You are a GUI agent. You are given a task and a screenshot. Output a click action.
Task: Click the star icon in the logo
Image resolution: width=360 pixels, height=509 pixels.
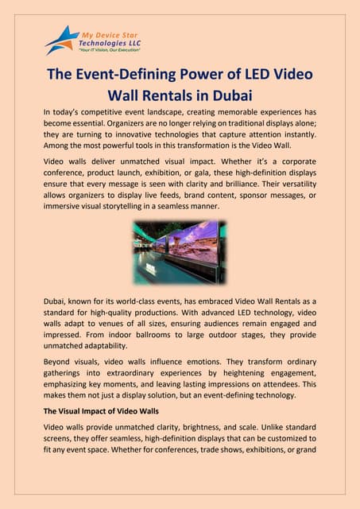pyautogui.click(x=62, y=38)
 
